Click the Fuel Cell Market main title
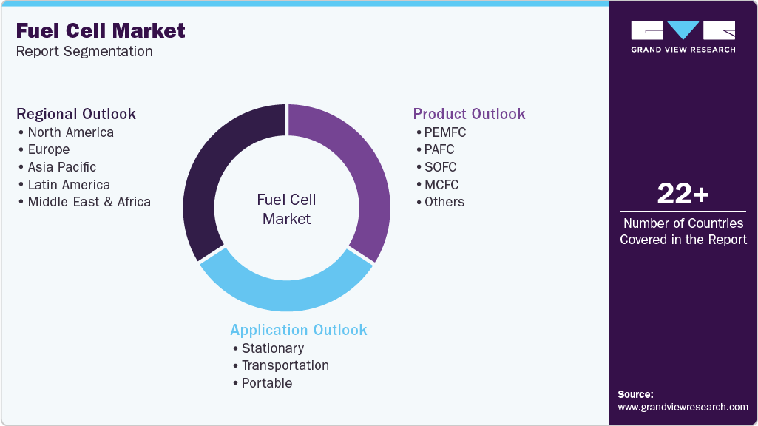tap(101, 31)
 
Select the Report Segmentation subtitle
tap(84, 52)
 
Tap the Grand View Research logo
tap(683, 36)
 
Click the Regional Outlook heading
tap(76, 114)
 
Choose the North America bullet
tap(70, 132)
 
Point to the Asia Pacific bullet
tap(61, 167)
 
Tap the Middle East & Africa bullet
tap(89, 202)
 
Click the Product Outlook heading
tap(469, 114)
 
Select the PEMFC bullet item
tap(444, 132)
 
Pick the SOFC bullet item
tap(440, 167)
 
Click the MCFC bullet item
tap(441, 185)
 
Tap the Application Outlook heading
tap(298, 330)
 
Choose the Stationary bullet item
tap(272, 348)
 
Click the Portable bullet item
tap(266, 383)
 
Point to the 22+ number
tap(683, 195)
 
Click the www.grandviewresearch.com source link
tap(683, 407)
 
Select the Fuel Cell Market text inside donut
tap(286, 209)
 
